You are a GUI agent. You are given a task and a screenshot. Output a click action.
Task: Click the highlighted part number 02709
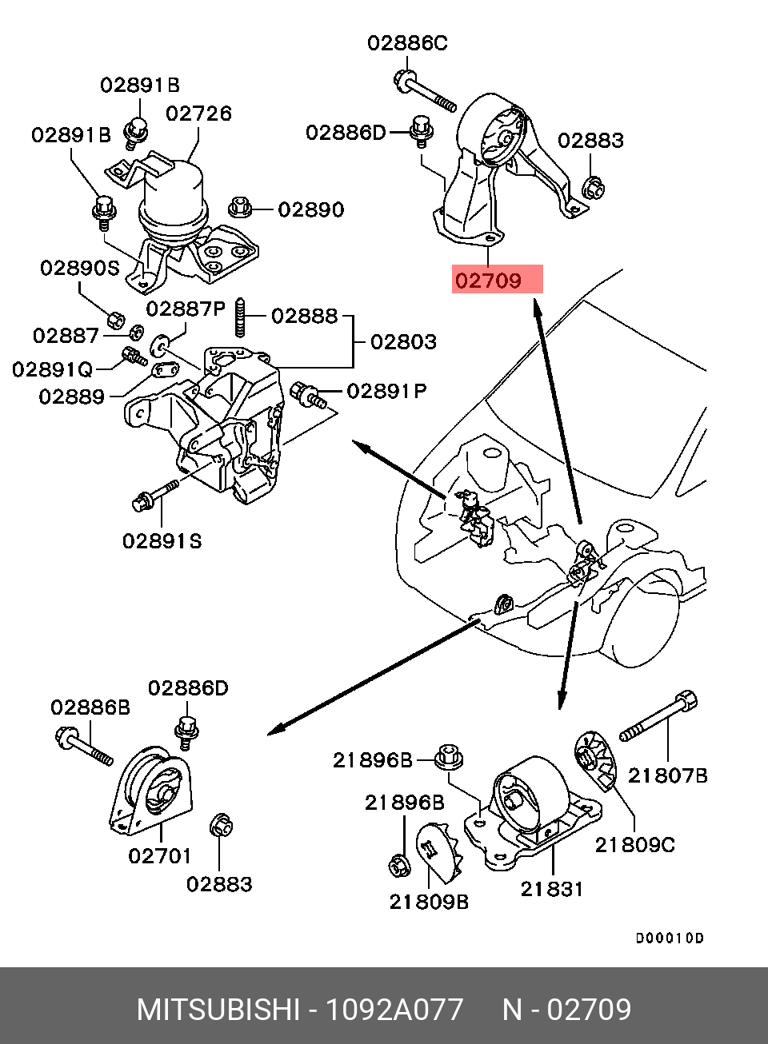click(488, 281)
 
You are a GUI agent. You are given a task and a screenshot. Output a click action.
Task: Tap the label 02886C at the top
click(407, 43)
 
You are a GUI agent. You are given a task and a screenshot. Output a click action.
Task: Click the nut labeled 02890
click(239, 207)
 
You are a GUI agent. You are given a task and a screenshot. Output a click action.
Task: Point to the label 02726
click(198, 114)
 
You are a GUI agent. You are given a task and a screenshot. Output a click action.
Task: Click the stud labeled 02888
click(239, 317)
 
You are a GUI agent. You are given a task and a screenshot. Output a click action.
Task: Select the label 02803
click(403, 342)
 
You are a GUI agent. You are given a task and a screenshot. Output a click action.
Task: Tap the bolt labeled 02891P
click(308, 395)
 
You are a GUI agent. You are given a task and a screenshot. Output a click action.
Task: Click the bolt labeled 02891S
click(154, 495)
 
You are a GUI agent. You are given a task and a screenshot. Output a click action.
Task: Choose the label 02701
click(160, 856)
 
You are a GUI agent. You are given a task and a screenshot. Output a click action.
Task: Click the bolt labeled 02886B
click(83, 745)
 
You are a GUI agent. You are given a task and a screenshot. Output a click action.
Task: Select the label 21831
click(552, 889)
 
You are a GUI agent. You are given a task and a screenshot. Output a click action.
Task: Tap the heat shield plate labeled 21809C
click(596, 760)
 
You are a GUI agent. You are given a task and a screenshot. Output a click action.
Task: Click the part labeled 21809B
click(438, 852)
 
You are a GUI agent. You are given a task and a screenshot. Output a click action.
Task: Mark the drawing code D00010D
click(670, 938)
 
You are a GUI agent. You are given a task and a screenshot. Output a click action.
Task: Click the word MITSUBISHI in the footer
click(218, 1010)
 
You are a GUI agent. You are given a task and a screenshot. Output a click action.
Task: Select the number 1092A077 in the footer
click(394, 1010)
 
